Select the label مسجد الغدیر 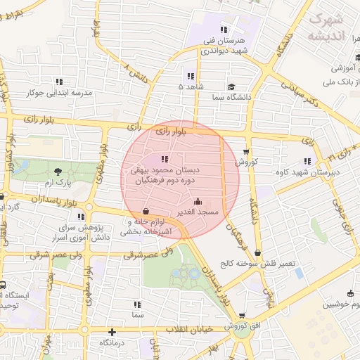click(199, 212)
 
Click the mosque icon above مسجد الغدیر click(198, 200)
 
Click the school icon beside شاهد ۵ click(191, 76)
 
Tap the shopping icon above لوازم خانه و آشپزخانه click(146, 210)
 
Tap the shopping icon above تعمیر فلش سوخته click(259, 253)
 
